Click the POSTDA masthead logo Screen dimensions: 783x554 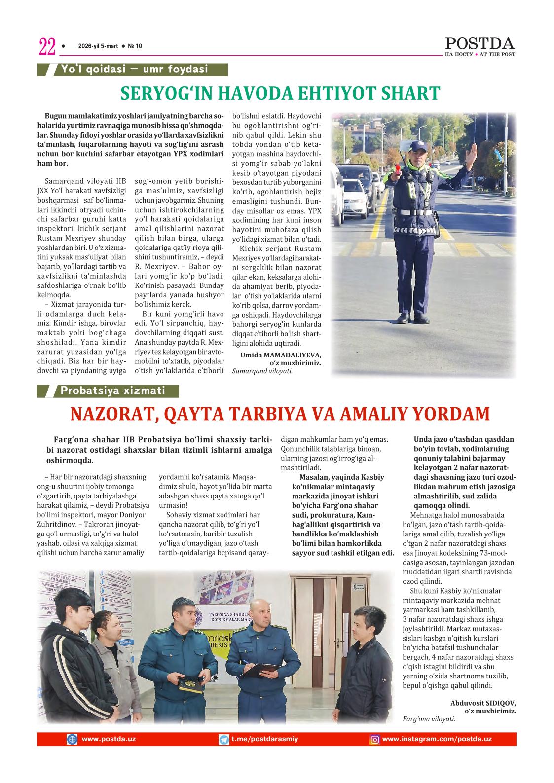coord(480,44)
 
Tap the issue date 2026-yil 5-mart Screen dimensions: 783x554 coord(98,46)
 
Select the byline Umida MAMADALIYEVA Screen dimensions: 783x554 coord(280,355)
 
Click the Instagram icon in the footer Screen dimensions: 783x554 coord(375,740)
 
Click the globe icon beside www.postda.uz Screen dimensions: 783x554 coord(72,739)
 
